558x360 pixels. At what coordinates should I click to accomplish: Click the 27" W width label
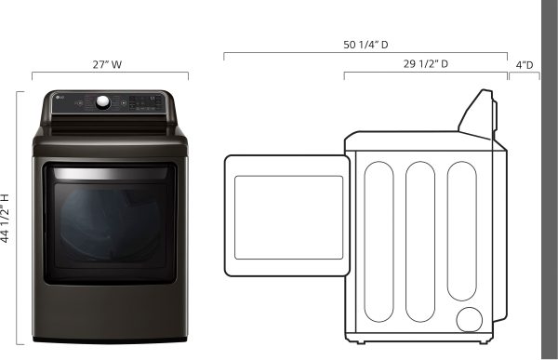[x=107, y=64]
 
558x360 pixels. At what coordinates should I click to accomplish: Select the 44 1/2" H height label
[x=5, y=219]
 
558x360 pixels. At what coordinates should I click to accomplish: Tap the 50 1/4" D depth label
[x=365, y=45]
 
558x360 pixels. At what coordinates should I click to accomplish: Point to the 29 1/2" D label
[x=426, y=64]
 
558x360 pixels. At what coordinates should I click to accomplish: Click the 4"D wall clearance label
[x=525, y=65]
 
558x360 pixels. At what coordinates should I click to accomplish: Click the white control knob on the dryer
[x=103, y=101]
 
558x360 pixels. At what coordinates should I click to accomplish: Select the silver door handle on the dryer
[x=111, y=173]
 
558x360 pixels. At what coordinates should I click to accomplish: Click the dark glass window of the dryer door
[x=110, y=225]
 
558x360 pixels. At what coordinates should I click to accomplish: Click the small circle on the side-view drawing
[x=469, y=320]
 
